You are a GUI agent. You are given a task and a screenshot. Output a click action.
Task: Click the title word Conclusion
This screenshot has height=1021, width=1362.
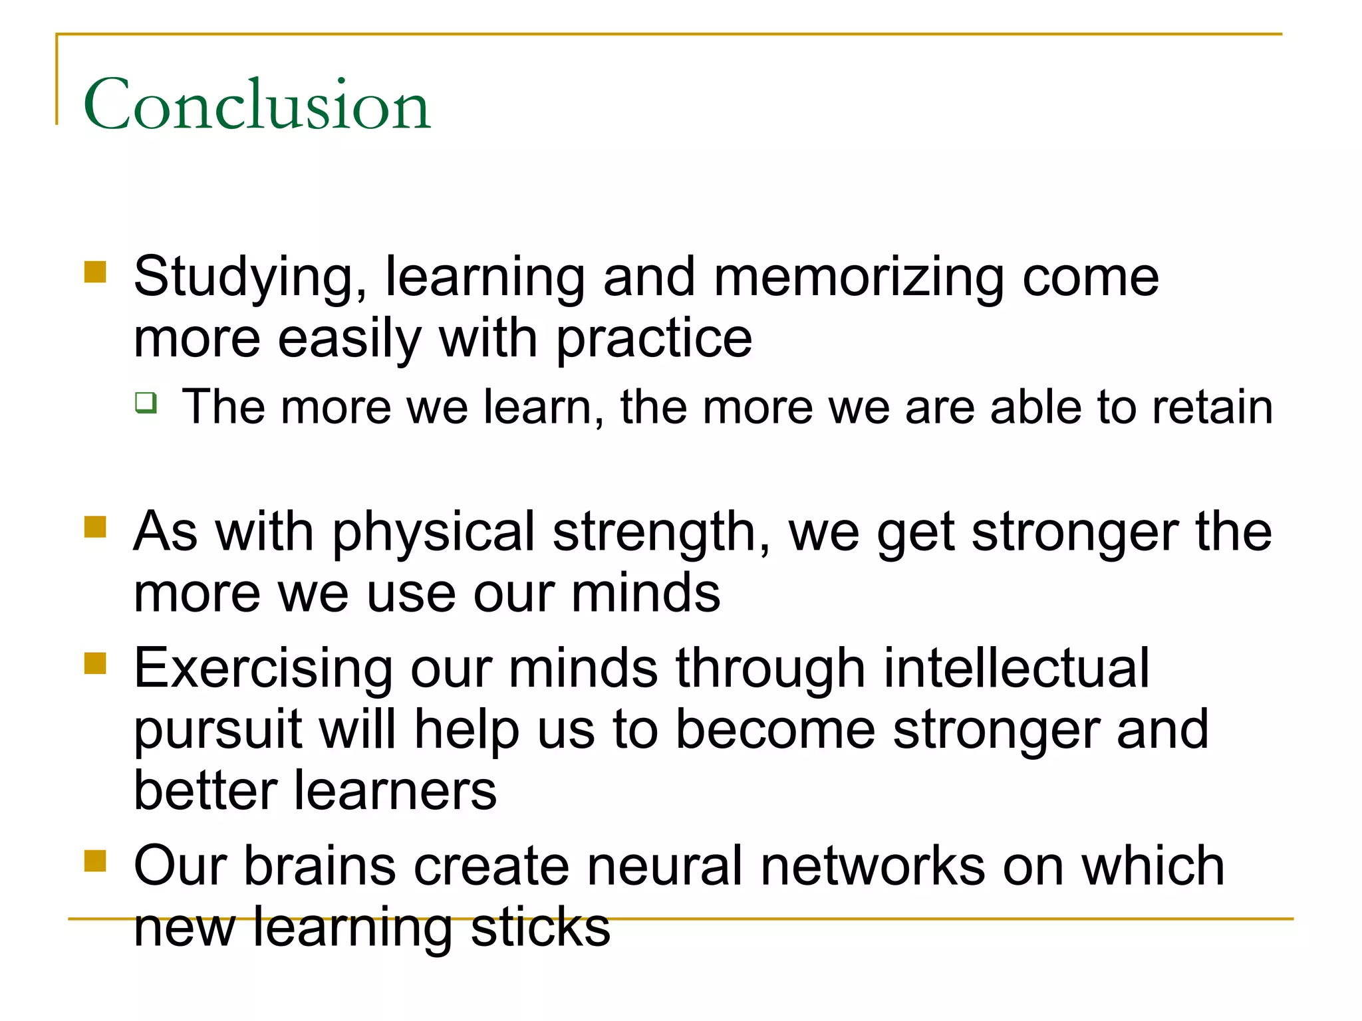[x=257, y=104]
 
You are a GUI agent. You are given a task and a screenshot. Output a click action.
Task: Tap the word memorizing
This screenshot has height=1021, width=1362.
[x=859, y=278]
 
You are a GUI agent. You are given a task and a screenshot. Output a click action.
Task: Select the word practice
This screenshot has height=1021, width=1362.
[x=654, y=339]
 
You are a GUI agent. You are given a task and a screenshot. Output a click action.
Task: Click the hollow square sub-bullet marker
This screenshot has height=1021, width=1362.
[x=146, y=403]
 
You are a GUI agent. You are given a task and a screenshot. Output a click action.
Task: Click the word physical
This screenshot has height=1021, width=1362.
[x=434, y=532]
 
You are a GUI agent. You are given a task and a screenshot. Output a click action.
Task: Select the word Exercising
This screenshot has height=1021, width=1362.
[x=263, y=669]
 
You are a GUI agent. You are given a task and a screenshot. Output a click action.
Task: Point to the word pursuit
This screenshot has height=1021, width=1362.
[x=218, y=730]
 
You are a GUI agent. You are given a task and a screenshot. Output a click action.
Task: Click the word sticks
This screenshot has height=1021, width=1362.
[x=540, y=927]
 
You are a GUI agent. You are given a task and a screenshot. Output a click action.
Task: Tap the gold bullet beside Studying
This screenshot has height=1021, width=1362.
[x=96, y=272]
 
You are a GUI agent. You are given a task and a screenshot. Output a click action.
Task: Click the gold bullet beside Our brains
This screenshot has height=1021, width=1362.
[x=96, y=860]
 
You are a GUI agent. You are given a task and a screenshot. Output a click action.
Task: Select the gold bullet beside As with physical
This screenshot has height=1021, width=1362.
[x=96, y=526]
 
